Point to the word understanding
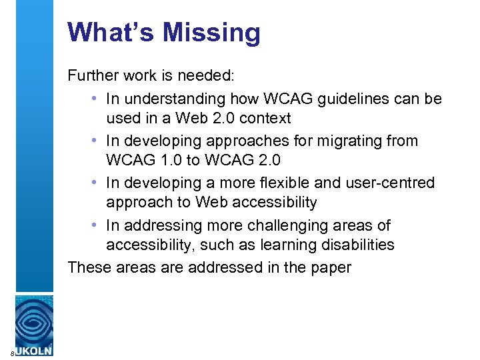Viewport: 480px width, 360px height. (x=171, y=99)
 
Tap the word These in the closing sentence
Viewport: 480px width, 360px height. (x=88, y=268)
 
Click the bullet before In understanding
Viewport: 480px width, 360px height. (x=96, y=99)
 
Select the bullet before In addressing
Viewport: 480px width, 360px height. (x=96, y=225)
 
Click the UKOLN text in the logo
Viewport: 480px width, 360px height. (x=34, y=350)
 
